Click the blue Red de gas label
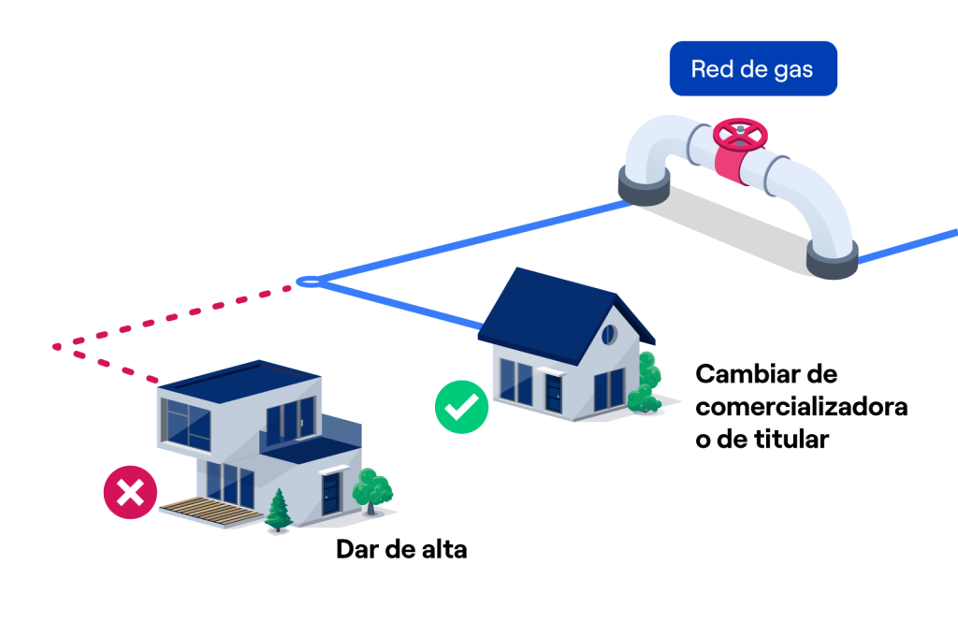[753, 68]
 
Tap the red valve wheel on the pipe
[740, 134]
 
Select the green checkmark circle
[461, 406]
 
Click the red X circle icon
[130, 492]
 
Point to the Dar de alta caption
[401, 549]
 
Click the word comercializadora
[802, 406]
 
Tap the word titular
[791, 439]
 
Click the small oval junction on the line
[309, 282]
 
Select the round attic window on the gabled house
[609, 334]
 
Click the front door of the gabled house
[553, 394]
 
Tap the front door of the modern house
[330, 494]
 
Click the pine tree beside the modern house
[279, 510]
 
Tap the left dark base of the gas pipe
[644, 185]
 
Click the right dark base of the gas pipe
[832, 259]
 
